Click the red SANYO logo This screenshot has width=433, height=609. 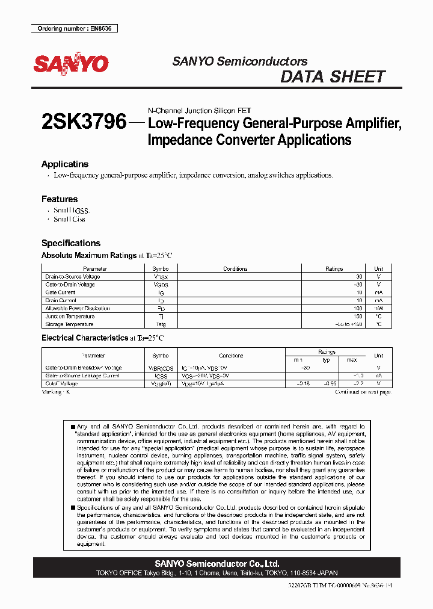pos(71,64)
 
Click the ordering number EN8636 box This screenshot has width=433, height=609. pos(74,28)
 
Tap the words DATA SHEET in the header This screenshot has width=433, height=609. pos(333,77)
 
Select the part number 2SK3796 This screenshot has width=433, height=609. pos(84,123)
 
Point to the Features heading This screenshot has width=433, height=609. pos(60,199)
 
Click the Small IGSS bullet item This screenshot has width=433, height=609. pos(71,211)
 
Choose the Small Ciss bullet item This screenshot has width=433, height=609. pos(69,220)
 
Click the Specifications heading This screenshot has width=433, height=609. pos(71,243)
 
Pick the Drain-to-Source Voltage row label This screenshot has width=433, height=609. pos(73,277)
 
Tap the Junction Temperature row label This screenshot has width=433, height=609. pos(70,316)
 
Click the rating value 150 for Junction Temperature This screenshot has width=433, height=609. pos(358,316)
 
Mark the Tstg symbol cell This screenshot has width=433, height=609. pos(161,324)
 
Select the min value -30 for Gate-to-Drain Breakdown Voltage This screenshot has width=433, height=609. pos(305,368)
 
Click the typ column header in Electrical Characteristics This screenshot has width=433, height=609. pos(327,360)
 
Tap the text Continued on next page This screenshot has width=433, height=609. pos(363,392)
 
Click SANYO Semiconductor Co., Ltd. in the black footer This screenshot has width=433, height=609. pos(216,564)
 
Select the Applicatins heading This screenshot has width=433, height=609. pos(65,164)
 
